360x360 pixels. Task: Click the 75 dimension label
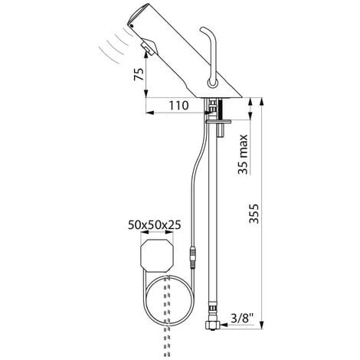pyautogui.click(x=139, y=74)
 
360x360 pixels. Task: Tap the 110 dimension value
pyautogui.click(x=178, y=105)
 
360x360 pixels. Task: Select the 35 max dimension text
pyautogui.click(x=243, y=154)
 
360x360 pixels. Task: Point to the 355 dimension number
pyautogui.click(x=254, y=214)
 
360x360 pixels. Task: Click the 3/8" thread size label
pyautogui.click(x=242, y=318)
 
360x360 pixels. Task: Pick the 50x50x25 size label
pyautogui.click(x=155, y=225)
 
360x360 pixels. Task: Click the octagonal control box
pyautogui.click(x=157, y=256)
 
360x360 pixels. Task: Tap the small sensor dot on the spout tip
pyautogui.click(x=132, y=26)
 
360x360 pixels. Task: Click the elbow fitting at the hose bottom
pyautogui.click(x=212, y=325)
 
